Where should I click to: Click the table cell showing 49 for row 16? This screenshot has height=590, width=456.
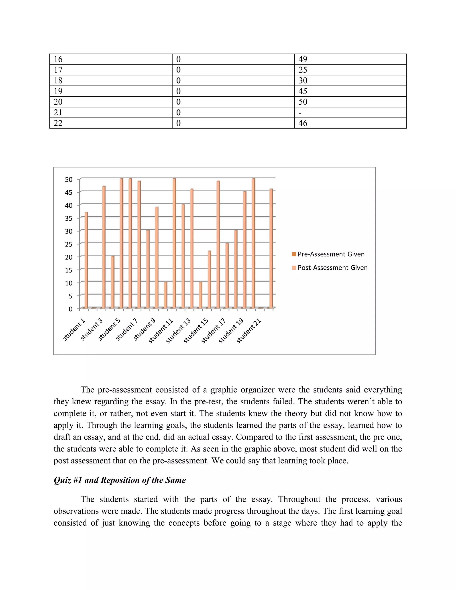pos(303,59)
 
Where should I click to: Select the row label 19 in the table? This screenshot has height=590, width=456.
pos(58,91)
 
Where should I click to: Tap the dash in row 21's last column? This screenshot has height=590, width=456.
pos(300,113)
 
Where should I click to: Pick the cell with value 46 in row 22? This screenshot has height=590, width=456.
pos(303,123)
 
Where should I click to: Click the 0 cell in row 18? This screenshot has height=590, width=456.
pos(178,81)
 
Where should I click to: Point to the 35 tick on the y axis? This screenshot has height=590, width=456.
pos(69,218)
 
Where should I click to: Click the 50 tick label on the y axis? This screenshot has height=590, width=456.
pos(69,180)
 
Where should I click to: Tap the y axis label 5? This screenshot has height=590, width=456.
pos(71,296)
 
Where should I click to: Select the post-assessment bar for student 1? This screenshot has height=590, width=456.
pos(86,259)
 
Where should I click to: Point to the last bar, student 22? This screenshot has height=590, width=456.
pos(271,248)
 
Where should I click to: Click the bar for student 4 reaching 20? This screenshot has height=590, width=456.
pos(113,282)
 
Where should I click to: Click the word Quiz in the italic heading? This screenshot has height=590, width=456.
pos(62,480)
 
